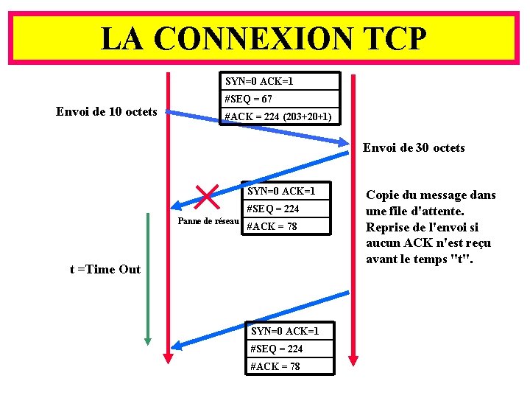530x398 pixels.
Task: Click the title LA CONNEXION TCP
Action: [x=263, y=38]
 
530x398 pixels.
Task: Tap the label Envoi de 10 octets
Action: [x=107, y=112]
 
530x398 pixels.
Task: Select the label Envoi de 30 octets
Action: [x=414, y=148]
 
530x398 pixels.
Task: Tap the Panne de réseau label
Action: [x=208, y=221]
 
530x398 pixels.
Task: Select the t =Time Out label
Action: [x=105, y=269]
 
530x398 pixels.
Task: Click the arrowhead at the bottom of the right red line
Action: [x=353, y=360]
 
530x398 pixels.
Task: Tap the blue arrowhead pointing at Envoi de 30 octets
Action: [x=343, y=144]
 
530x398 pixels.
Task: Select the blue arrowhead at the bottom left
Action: [x=176, y=344]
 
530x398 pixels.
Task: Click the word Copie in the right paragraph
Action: [x=383, y=195]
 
